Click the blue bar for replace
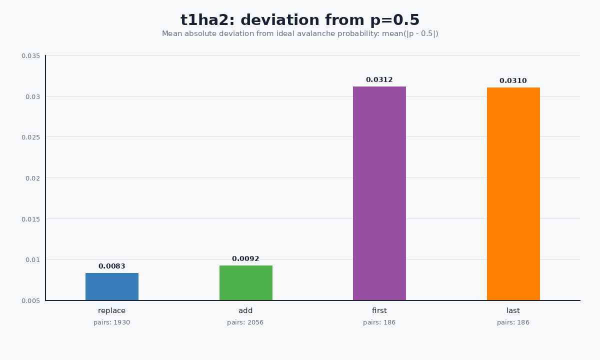point(112,286)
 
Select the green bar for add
point(246,283)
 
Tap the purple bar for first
point(379,193)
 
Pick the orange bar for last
point(513,194)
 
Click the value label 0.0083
point(111,266)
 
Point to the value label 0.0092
point(245,259)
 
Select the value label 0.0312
point(379,80)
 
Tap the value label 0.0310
point(513,81)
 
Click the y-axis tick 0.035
point(31,55)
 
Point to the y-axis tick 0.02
point(32,178)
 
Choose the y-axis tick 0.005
point(31,301)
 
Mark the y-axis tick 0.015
point(31,219)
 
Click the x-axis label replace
point(111,310)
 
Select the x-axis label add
point(245,310)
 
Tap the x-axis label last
point(513,310)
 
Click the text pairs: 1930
point(111,322)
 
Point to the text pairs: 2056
point(245,322)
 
